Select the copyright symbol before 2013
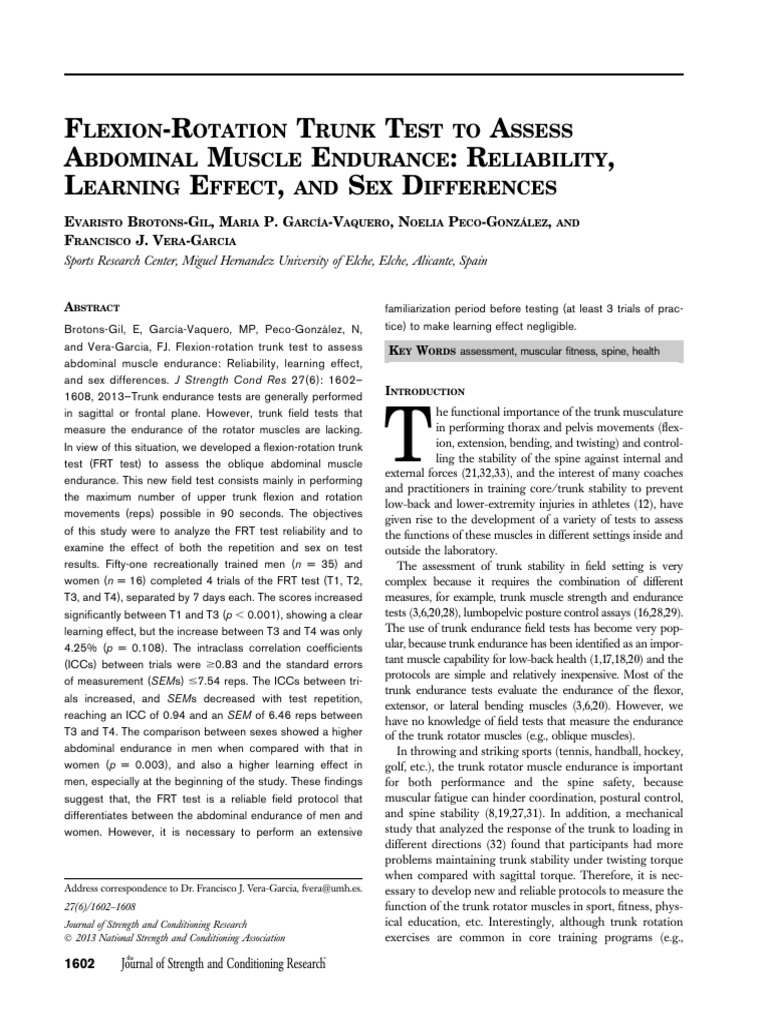(x=69, y=938)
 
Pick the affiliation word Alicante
(x=410, y=259)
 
